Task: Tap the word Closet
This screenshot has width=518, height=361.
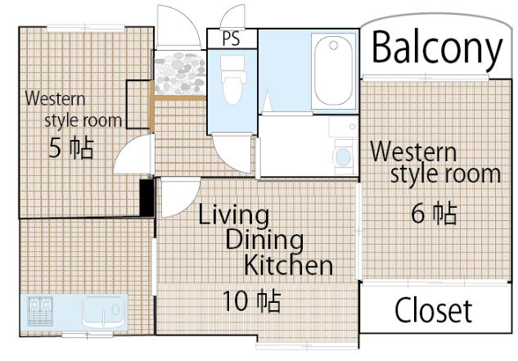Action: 434,310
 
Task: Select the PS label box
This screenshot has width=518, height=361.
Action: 232,38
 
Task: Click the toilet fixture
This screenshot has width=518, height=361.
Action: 233,79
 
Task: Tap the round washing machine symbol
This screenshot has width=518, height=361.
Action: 344,157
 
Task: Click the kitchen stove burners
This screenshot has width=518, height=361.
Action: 40,312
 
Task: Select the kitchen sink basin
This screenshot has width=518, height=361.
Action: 102,313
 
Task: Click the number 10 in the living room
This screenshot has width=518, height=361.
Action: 234,301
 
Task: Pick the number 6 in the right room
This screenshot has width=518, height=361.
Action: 417,213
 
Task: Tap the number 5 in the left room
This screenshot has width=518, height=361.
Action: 55,148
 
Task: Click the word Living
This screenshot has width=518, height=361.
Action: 233,215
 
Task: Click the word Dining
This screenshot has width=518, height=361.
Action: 264,241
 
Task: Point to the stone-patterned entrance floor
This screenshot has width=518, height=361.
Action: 179,73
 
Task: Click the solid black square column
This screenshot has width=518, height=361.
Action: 147,198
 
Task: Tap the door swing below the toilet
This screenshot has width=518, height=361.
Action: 232,153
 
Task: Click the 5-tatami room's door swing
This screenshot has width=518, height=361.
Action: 133,154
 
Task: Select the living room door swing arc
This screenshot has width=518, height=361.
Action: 181,198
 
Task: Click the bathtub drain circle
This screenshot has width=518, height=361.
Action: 334,45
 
